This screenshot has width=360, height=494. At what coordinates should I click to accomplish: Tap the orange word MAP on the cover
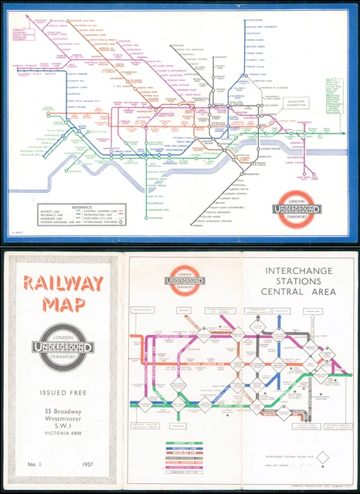63,307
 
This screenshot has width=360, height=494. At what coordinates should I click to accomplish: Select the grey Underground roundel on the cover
63,349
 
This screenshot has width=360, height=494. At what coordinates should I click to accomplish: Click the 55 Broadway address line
63,415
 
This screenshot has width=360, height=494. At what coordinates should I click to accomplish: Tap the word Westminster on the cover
63,425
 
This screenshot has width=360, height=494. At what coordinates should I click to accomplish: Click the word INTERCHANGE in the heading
298,271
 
